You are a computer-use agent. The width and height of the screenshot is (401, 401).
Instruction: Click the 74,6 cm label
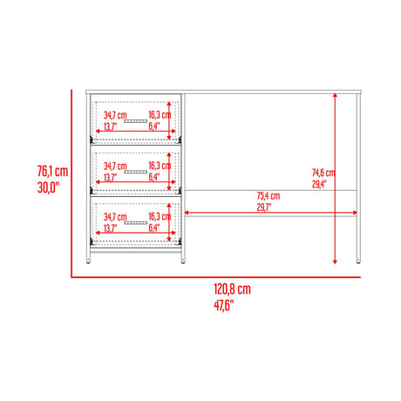(x=323, y=172)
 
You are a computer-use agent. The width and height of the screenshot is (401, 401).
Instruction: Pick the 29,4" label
(x=322, y=183)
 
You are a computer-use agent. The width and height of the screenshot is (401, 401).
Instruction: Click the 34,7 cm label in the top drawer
(x=114, y=115)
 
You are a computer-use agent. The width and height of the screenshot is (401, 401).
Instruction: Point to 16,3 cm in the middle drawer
(x=159, y=165)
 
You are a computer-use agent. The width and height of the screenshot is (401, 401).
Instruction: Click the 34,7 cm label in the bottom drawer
(x=114, y=215)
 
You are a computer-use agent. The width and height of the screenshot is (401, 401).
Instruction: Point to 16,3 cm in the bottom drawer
(x=159, y=215)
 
